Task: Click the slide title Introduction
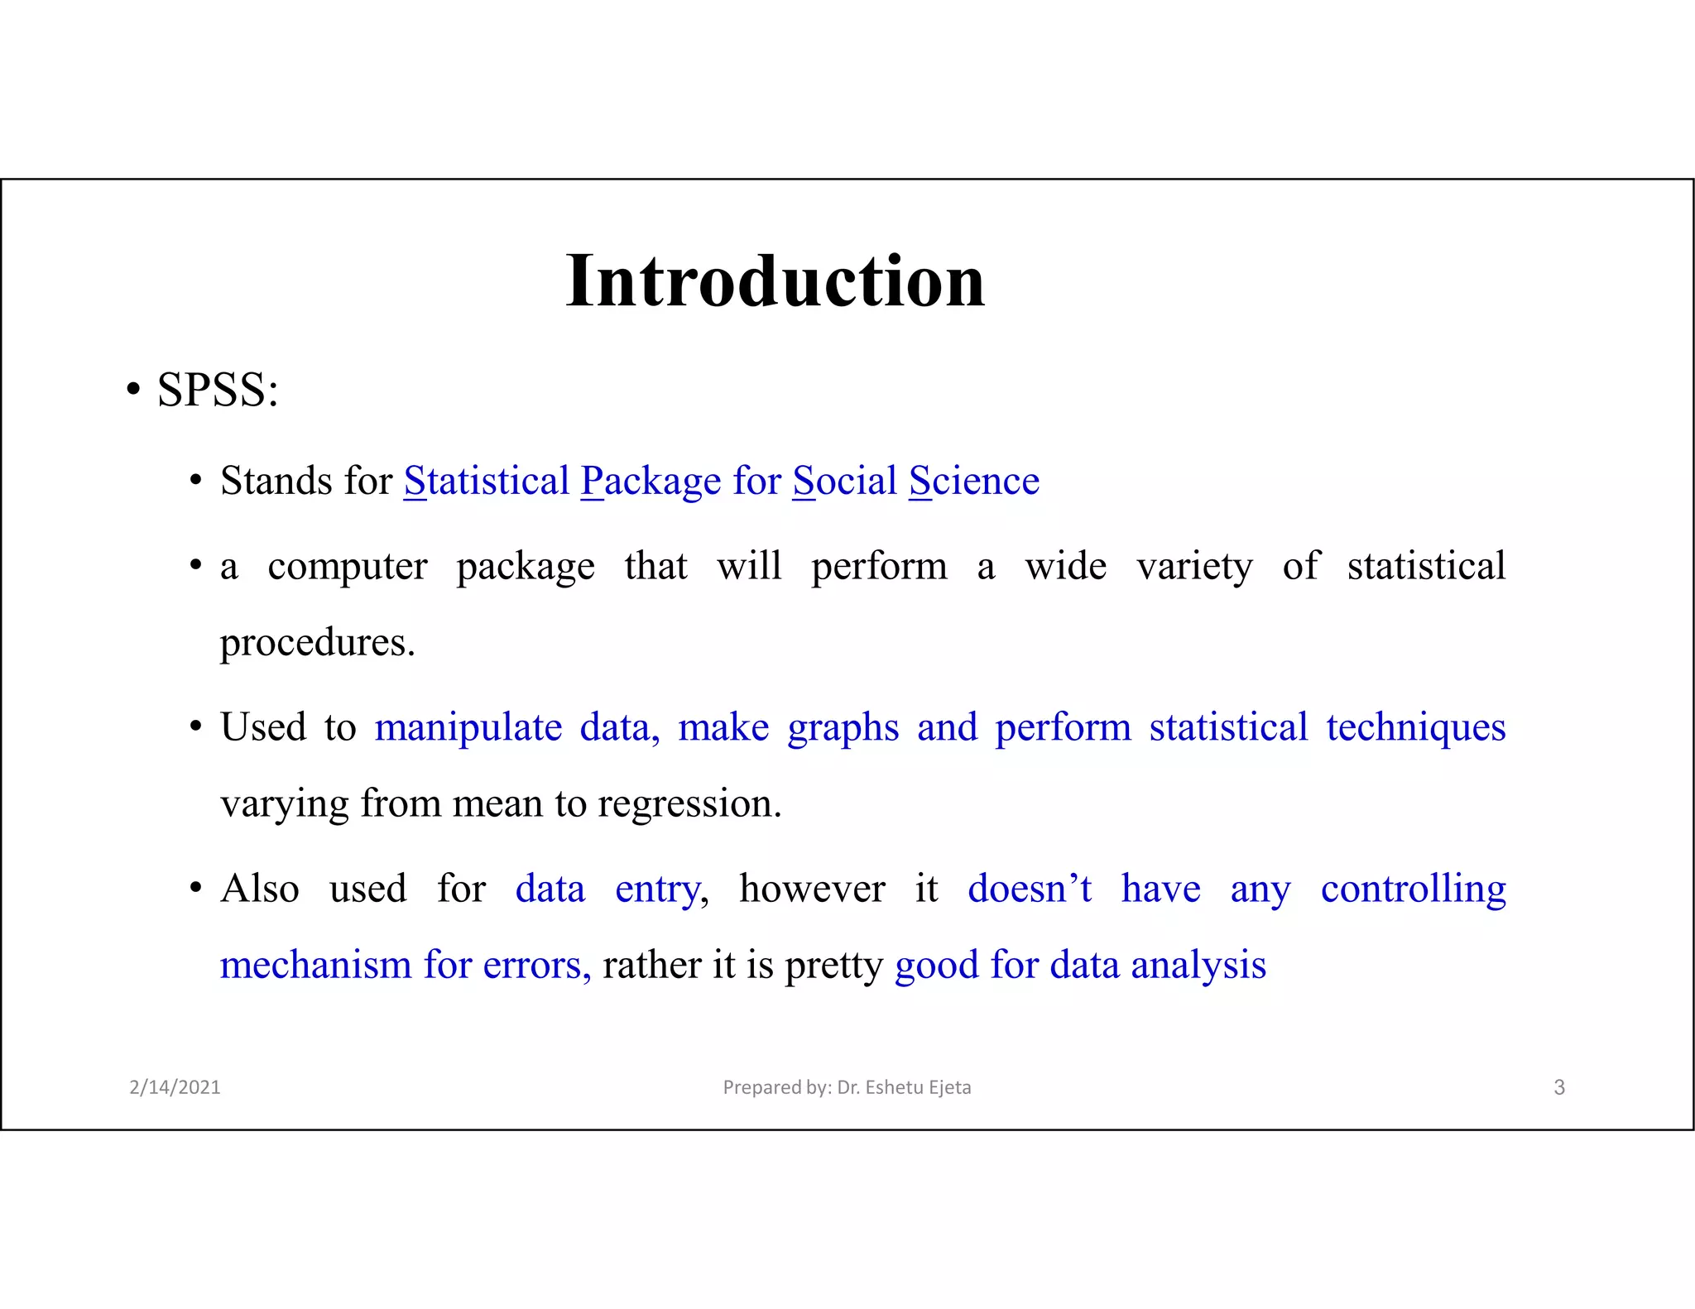[x=775, y=281]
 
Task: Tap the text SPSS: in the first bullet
[x=218, y=390]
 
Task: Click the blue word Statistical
[x=487, y=481]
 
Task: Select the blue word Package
[x=651, y=481]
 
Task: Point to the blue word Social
[x=844, y=481]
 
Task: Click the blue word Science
[x=974, y=481]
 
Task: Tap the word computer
[x=348, y=567]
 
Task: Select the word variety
[x=1194, y=567]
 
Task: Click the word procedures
[x=317, y=643]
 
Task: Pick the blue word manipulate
[x=468, y=728]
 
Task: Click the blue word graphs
[x=843, y=728]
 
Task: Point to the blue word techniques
[x=1415, y=728]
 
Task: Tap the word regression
[x=689, y=803]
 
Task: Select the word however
[x=812, y=889]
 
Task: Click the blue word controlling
[x=1413, y=889]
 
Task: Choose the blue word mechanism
[x=315, y=966]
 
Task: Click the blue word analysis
[x=1198, y=966]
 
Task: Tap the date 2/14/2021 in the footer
[x=175, y=1087]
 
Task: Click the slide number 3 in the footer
[x=1558, y=1087]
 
